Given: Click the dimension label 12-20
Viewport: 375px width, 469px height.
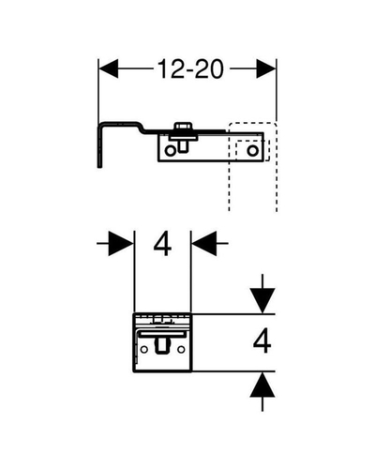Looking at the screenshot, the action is [x=190, y=68].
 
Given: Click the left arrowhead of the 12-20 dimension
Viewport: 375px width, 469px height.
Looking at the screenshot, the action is [x=109, y=68].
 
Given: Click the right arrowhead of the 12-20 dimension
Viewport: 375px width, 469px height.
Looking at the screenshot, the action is [x=266, y=68].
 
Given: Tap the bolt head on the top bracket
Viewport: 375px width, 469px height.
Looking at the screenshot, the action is [x=183, y=127].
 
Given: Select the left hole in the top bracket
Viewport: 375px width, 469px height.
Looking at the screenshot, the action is [x=170, y=151].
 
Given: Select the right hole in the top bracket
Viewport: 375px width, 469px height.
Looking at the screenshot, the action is [x=252, y=151].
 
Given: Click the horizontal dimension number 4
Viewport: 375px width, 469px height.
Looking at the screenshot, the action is [x=162, y=244].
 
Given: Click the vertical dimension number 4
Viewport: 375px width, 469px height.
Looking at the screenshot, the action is [x=262, y=340].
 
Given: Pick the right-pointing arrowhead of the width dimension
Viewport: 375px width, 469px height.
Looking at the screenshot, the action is [x=121, y=243].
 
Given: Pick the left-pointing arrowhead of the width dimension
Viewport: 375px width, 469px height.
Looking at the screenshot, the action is [x=204, y=243].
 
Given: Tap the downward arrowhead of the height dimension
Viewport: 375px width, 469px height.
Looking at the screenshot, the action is [x=262, y=300].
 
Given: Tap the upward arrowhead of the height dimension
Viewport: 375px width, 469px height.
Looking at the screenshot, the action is [x=262, y=385].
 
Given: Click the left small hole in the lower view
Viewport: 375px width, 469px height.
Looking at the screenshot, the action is [x=144, y=350].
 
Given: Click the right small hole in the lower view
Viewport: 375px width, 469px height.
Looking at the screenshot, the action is [x=181, y=350].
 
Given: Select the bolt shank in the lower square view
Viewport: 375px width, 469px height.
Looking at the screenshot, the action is [x=162, y=346].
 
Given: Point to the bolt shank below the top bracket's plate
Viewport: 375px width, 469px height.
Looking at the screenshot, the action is [x=183, y=146].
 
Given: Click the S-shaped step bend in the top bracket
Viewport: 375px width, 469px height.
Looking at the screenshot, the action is [x=142, y=127].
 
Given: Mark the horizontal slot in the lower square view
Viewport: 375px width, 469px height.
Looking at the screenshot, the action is [x=162, y=334].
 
